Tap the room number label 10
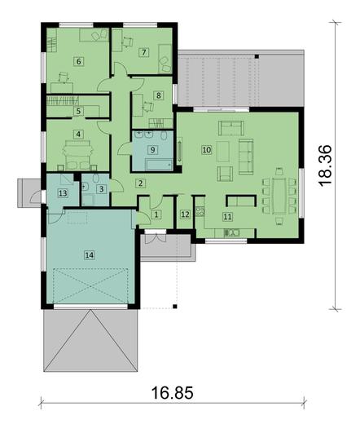pos(206,150)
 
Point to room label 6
pos(78,61)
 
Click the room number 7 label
pos(143,52)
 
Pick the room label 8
pos(159,95)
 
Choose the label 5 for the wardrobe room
pos(78,110)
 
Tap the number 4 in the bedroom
pos(78,134)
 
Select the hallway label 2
pos(140,183)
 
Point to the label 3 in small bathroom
pos(100,189)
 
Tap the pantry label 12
pos(185,214)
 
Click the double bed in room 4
pos(77,150)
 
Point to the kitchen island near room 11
pos(240,200)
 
